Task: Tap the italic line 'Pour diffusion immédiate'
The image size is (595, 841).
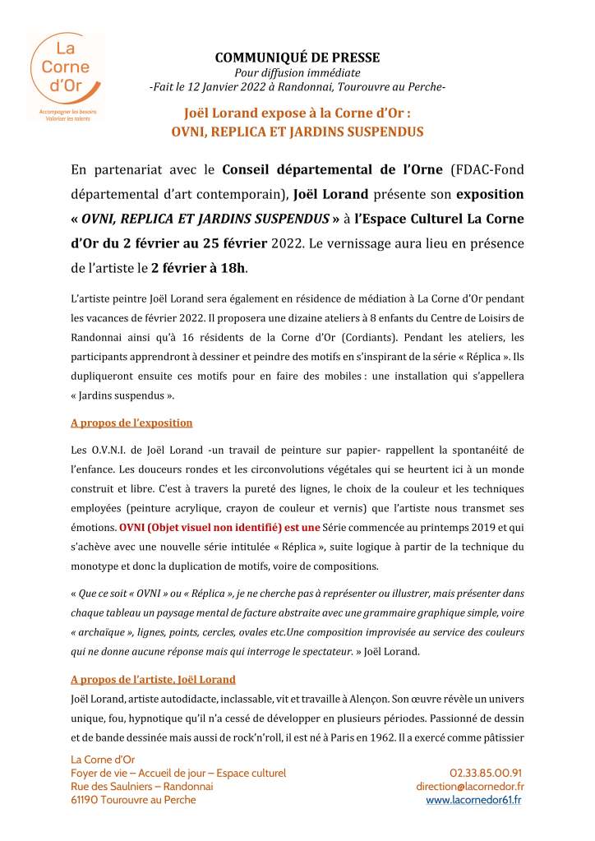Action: [x=297, y=72]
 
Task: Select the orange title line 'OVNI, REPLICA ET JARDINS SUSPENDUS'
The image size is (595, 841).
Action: [x=297, y=131]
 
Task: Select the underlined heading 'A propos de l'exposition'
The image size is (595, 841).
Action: [x=131, y=423]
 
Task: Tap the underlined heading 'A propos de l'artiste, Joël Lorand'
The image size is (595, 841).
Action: [x=154, y=679]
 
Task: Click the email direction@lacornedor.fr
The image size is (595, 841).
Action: [x=470, y=787]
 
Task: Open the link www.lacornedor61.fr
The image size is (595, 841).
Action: [x=473, y=800]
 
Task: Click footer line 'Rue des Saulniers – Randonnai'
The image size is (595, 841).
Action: [x=142, y=787]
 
